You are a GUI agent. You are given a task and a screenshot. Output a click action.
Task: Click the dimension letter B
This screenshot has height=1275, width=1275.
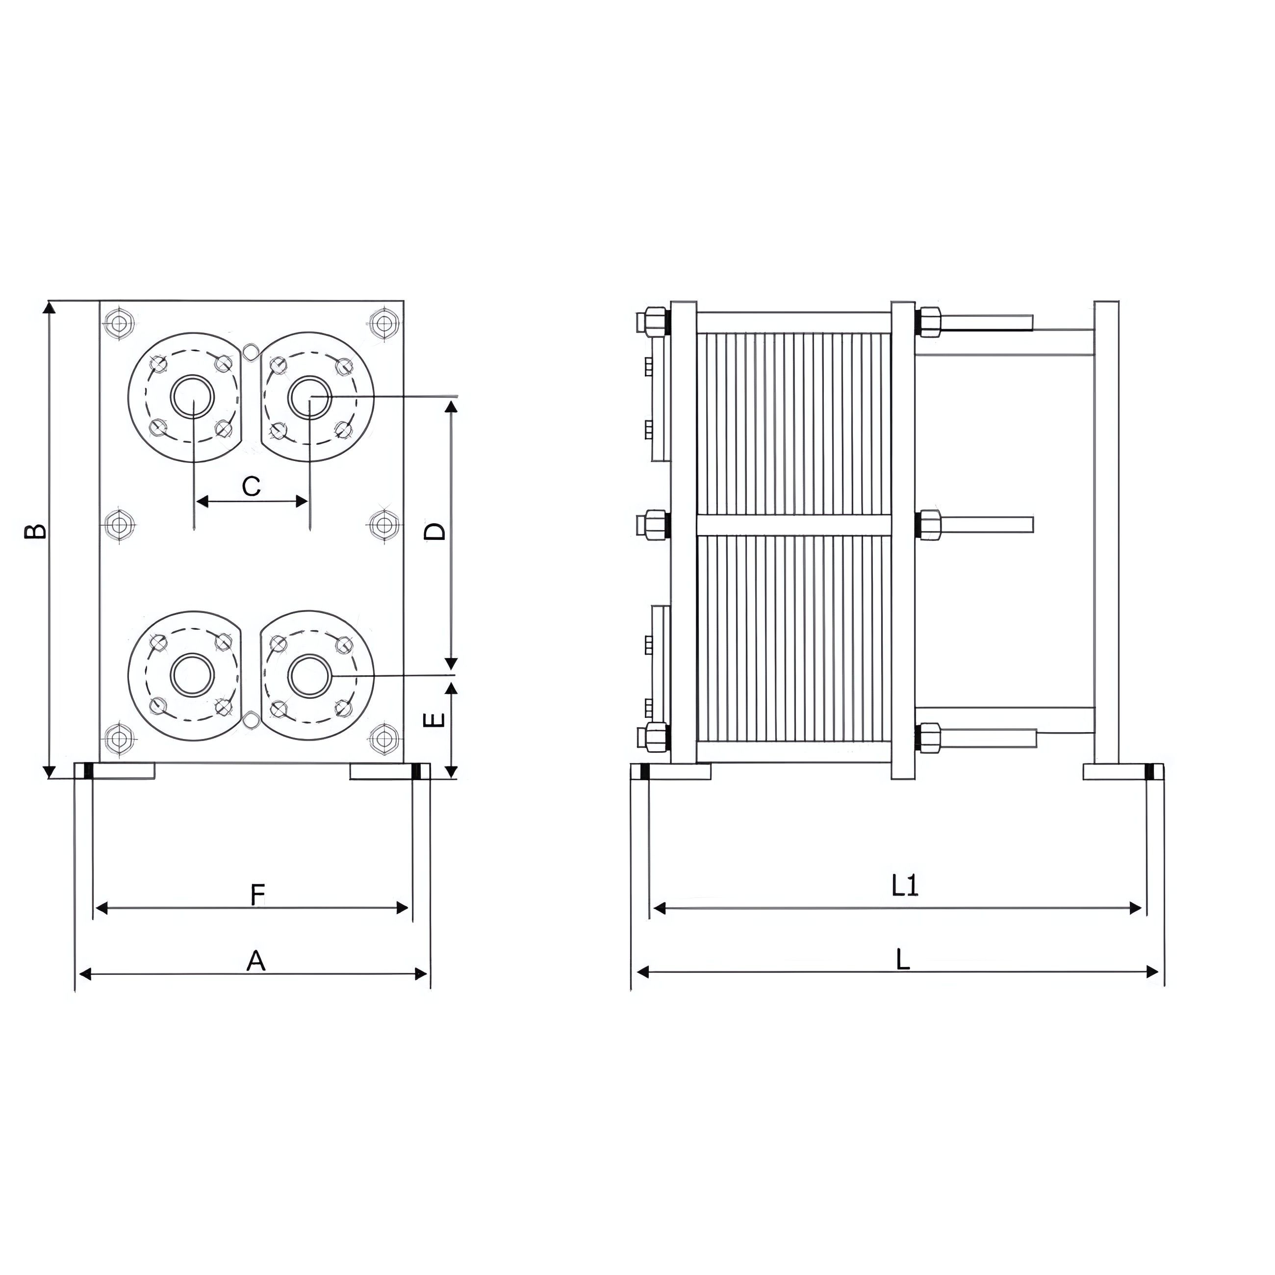[36, 531]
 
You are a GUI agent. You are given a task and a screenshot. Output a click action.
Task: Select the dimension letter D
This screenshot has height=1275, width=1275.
[435, 531]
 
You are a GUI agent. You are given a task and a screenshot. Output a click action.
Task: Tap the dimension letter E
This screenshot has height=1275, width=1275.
[433, 719]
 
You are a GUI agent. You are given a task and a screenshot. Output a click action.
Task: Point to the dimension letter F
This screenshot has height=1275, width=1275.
[257, 895]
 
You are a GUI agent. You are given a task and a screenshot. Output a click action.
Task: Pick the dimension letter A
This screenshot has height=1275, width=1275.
[256, 961]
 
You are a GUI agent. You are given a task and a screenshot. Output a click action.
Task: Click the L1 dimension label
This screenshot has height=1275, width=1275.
[905, 886]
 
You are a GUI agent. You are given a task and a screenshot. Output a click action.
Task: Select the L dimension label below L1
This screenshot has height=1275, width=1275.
[903, 960]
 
